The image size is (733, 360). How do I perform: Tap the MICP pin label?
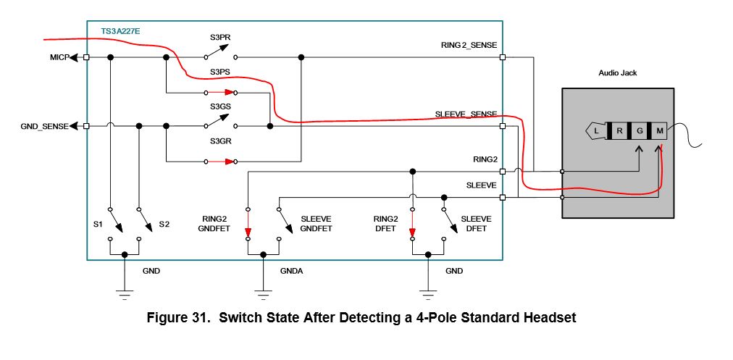[59, 57]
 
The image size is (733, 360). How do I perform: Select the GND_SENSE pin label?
[44, 126]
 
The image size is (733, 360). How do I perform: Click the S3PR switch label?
[219, 38]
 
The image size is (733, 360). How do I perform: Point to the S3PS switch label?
[219, 72]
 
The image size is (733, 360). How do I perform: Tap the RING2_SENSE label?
[469, 46]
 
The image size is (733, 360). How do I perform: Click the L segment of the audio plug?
[596, 131]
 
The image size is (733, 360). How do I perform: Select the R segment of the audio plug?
[619, 131]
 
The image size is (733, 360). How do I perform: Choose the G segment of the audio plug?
[640, 131]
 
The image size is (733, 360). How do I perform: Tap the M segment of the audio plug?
[660, 131]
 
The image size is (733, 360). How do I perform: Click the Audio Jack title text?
[618, 73]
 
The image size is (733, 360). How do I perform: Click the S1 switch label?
[98, 224]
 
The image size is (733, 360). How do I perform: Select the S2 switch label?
[164, 224]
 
